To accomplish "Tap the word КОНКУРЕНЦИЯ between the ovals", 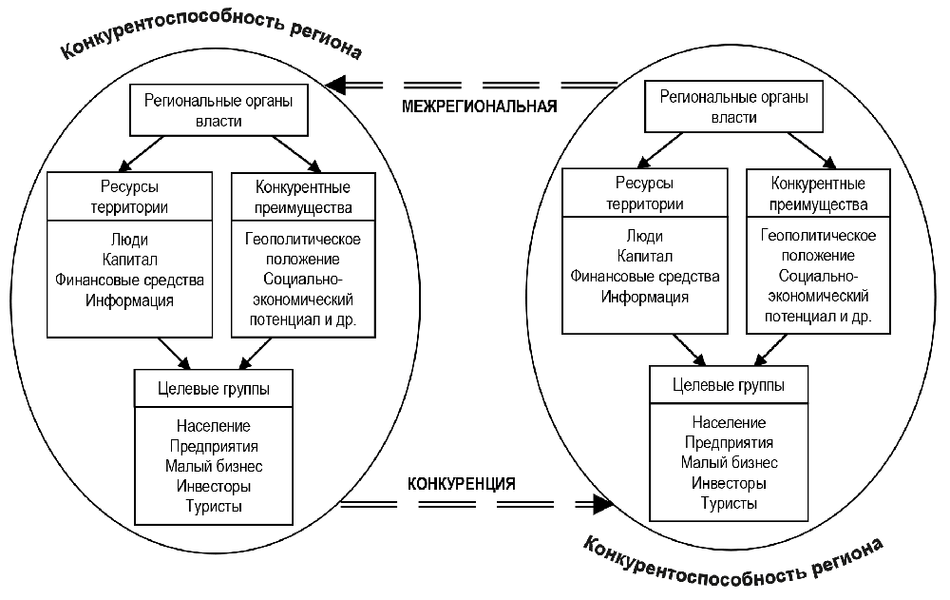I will coord(462,483).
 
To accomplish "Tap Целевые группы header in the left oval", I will coord(214,388).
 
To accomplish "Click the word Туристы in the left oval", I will coord(214,506).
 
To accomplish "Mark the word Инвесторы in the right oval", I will coord(729,483).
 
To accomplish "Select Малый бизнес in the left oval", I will coord(214,466).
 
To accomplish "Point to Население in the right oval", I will coord(729,422).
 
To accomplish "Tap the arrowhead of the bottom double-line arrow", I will coord(600,504).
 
